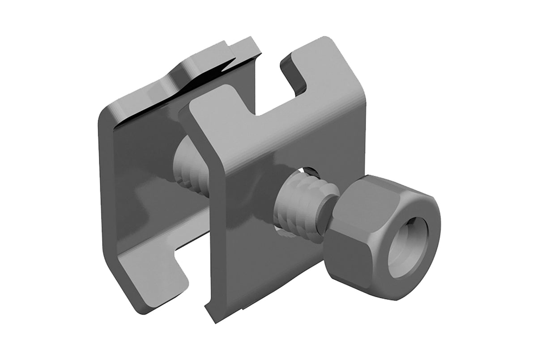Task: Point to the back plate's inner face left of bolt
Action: pyautogui.click(x=134, y=179)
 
